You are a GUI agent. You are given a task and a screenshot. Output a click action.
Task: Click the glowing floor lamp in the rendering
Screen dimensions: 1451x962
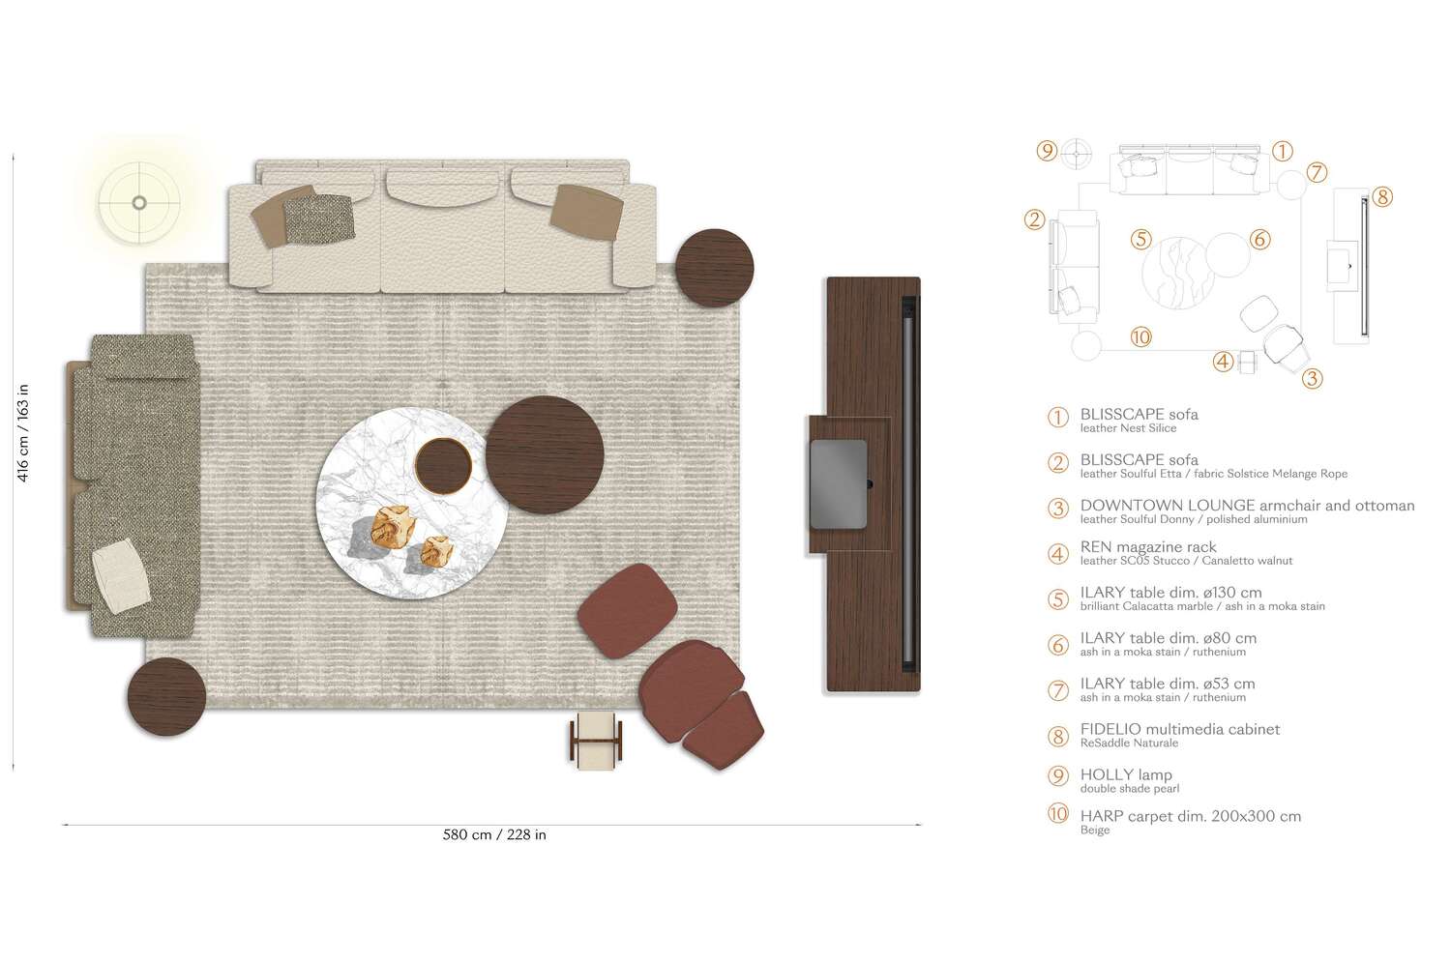(139, 203)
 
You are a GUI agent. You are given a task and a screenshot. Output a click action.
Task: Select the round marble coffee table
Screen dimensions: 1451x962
(411, 503)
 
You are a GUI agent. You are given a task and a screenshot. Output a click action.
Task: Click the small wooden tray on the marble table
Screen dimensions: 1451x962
(444, 465)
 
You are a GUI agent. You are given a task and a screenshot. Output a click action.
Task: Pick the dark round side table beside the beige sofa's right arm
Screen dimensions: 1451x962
(715, 268)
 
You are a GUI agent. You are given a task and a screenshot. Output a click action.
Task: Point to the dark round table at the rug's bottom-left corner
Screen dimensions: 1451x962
(166, 696)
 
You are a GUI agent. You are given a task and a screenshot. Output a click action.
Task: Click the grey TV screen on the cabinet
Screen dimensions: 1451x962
(839, 484)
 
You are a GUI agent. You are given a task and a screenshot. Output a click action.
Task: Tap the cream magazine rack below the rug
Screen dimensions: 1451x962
(596, 740)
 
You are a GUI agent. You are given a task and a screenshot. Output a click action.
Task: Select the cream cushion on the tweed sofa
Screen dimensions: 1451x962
(121, 576)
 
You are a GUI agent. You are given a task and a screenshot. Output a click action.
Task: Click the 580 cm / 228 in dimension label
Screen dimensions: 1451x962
(494, 834)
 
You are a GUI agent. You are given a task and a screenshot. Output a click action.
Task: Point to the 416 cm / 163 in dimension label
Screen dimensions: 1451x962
(22, 432)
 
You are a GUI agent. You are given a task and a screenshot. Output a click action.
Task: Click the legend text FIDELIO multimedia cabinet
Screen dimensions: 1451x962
(1179, 729)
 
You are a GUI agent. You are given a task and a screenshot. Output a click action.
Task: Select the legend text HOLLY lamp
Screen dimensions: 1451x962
(1126, 774)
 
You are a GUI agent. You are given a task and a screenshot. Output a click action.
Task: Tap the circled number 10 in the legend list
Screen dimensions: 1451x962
(1058, 813)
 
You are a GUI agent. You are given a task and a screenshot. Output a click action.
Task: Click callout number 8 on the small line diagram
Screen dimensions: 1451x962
(1381, 197)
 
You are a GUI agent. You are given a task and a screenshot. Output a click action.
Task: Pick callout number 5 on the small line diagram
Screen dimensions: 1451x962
(1140, 240)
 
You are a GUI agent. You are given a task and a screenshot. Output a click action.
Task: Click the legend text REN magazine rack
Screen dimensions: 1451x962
(1148, 547)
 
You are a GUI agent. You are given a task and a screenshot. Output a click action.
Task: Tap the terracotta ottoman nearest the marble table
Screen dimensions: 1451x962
(627, 611)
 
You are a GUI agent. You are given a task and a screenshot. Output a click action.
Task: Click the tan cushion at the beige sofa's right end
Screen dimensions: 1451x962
(586, 213)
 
